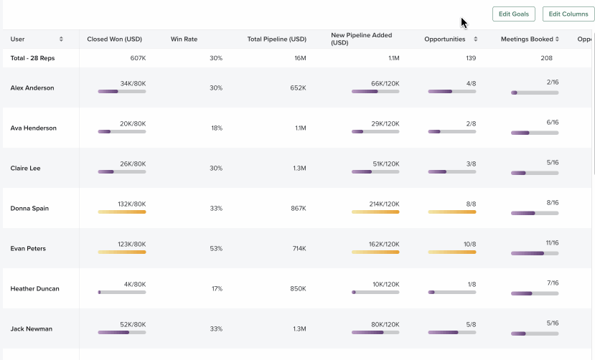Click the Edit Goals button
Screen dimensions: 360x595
tap(513, 14)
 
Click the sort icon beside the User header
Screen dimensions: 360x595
tap(61, 39)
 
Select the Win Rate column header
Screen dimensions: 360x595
tap(184, 39)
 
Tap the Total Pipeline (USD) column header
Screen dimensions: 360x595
tap(276, 39)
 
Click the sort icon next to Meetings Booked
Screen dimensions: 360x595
tap(560, 39)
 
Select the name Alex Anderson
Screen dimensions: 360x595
tap(32, 88)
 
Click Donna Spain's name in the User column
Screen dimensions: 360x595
tap(30, 209)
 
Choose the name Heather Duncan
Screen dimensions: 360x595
tap(34, 289)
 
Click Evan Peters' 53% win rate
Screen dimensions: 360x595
tap(216, 249)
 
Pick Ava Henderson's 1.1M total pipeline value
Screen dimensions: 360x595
tap(300, 128)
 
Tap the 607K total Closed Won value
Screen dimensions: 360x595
tap(138, 58)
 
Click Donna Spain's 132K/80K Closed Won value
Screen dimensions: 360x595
tap(132, 204)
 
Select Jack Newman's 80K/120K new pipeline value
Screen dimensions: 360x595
tap(385, 325)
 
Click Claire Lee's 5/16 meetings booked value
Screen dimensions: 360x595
tap(552, 163)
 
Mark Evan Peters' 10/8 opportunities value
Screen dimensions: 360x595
tap(469, 245)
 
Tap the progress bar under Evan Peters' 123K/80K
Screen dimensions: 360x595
tap(122, 252)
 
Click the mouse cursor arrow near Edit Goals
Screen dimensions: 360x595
tap(464, 23)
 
